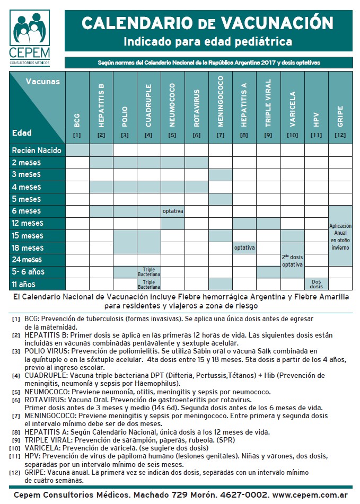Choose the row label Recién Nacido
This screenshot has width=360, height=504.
(x=37, y=151)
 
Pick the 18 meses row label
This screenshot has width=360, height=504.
(x=28, y=248)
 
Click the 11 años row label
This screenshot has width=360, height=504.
(x=27, y=284)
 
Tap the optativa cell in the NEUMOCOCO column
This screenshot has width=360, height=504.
(x=173, y=211)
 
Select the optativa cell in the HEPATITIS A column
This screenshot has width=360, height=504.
(x=244, y=247)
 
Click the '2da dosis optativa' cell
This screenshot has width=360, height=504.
(x=292, y=260)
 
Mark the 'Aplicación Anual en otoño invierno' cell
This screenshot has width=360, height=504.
(x=340, y=236)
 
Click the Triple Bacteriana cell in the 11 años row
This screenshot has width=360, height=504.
(x=149, y=284)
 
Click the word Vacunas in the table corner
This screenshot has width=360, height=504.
(x=43, y=81)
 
